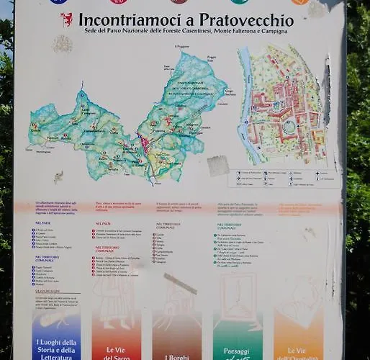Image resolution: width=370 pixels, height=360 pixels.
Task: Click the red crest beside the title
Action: pyautogui.click(x=66, y=19)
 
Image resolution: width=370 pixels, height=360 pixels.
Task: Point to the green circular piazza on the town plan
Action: pyautogui.click(x=289, y=127)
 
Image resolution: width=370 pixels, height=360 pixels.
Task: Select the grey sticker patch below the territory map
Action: pyautogui.click(x=218, y=166)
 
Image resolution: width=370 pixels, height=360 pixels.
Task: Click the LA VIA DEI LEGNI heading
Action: pyautogui.click(x=46, y=290)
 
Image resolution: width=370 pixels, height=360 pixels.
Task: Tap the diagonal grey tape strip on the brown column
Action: pyautogui.click(x=180, y=283)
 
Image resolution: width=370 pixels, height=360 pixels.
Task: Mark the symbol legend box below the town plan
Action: pyautogui.click(x=286, y=179)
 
